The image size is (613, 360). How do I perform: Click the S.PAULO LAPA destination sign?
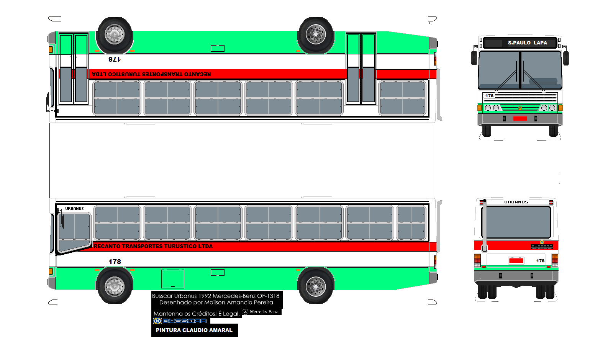(x=527, y=43)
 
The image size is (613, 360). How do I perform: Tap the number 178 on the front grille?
(x=489, y=96)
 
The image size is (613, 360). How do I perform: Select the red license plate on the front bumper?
(x=520, y=118)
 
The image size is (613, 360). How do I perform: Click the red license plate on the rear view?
(x=516, y=260)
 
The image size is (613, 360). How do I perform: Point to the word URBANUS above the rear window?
(x=516, y=202)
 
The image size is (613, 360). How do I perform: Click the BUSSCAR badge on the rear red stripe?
(x=542, y=246)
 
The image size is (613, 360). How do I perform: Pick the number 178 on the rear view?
(x=540, y=261)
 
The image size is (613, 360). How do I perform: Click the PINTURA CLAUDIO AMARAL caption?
(x=194, y=330)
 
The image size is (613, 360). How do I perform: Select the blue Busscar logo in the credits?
(x=180, y=321)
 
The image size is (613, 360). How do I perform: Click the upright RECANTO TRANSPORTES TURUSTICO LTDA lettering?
(x=153, y=246)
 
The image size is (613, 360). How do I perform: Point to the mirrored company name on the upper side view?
(x=151, y=74)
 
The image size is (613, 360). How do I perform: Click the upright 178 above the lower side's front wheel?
(x=115, y=262)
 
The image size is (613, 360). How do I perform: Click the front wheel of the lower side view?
(x=114, y=286)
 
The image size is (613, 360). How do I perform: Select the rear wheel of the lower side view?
(x=316, y=286)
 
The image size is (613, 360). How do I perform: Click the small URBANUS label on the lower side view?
(x=74, y=209)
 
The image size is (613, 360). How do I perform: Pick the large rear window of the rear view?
(x=516, y=222)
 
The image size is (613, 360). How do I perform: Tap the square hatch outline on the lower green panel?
(x=173, y=278)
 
